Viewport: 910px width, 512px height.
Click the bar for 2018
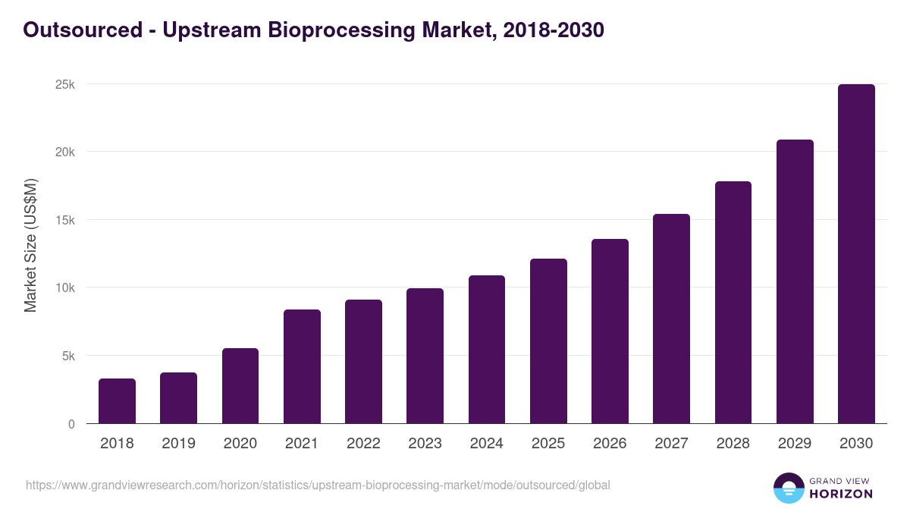(117, 401)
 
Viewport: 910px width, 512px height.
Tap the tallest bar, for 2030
(856, 254)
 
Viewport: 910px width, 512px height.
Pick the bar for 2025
(548, 341)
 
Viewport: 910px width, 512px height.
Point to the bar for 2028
(733, 303)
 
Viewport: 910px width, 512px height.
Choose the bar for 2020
(240, 386)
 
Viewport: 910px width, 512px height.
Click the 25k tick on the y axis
(65, 84)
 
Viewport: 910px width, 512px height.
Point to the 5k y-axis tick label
(67, 356)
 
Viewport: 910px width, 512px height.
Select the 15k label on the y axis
(65, 220)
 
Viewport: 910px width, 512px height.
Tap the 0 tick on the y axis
(71, 424)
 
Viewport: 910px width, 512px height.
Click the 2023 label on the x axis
(425, 444)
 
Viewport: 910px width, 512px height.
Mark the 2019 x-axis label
(178, 444)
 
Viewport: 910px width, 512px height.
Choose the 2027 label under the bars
(671, 444)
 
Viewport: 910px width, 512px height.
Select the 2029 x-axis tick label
(795, 444)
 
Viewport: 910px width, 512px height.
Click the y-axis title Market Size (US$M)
(30, 246)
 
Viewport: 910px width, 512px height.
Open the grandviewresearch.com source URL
(318, 485)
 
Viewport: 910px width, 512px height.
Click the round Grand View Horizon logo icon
(788, 488)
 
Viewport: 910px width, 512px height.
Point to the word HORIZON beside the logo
(841, 494)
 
